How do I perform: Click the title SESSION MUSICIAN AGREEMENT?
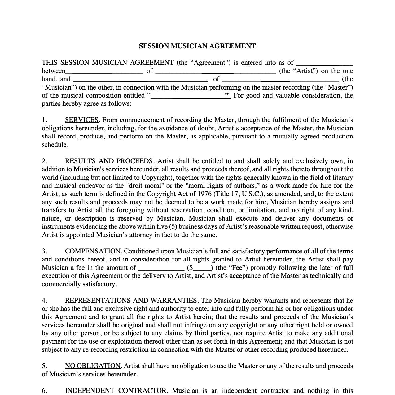point(197,46)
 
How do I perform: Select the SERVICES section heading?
point(82,120)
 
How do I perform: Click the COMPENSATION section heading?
point(93,251)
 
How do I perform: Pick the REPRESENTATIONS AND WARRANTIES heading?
point(131,301)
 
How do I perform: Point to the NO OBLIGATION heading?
point(93,366)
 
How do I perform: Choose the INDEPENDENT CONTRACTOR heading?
point(116,391)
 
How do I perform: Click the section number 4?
point(44,301)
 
